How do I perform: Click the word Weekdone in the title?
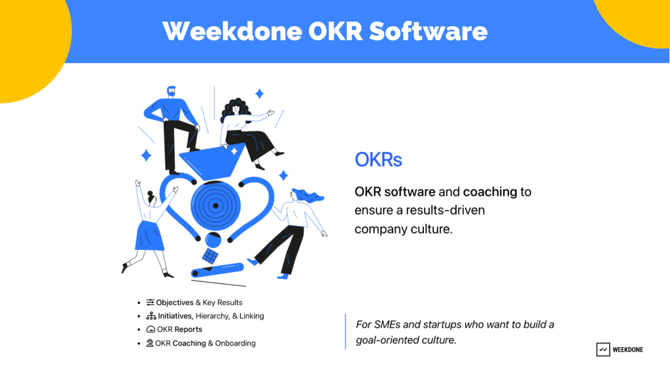pos(232,31)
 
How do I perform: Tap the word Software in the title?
pos(428,31)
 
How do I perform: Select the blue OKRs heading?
pos(378,160)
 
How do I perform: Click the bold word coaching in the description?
pos(490,192)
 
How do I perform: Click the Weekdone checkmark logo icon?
pos(603,350)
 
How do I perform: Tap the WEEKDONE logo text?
pos(627,350)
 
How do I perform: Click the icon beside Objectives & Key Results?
pos(150,302)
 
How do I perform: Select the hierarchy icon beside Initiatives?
pos(151,316)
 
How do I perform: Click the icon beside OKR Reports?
pos(150,329)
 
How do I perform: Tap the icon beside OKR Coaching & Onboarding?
pos(150,343)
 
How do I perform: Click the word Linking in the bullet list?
pos(251,316)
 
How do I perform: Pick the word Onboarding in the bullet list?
pos(235,343)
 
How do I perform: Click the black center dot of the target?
pos(215,206)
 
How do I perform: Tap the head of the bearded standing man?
pos(171,92)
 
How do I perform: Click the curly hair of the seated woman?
pos(234,109)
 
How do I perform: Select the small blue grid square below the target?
pos(210,256)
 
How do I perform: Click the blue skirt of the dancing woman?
pos(149,236)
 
